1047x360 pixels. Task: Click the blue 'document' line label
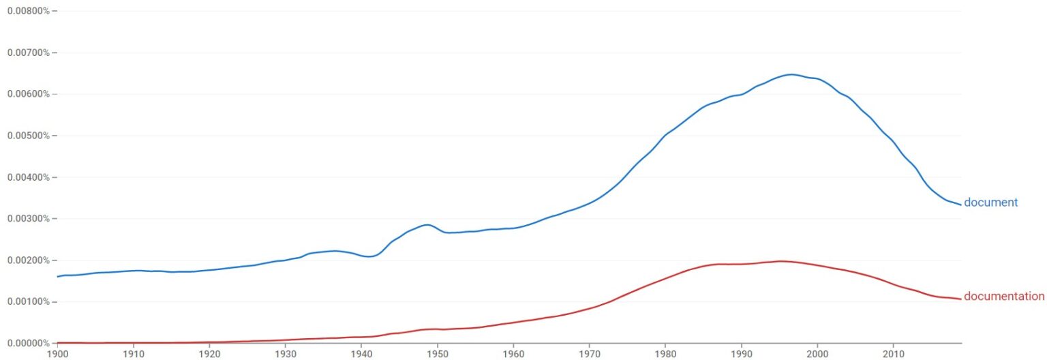point(990,202)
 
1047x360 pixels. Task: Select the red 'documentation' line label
point(1003,297)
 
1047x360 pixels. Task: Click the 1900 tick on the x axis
point(57,354)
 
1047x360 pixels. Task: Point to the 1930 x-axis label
point(286,354)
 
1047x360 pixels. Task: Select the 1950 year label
point(438,354)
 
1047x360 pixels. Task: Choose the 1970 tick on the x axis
point(590,354)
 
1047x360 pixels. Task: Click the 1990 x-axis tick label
point(742,354)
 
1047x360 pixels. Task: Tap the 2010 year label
point(894,354)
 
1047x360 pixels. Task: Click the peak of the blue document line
point(791,74)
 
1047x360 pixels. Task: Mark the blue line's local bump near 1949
point(427,224)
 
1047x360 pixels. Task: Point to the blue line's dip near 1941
point(369,257)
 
